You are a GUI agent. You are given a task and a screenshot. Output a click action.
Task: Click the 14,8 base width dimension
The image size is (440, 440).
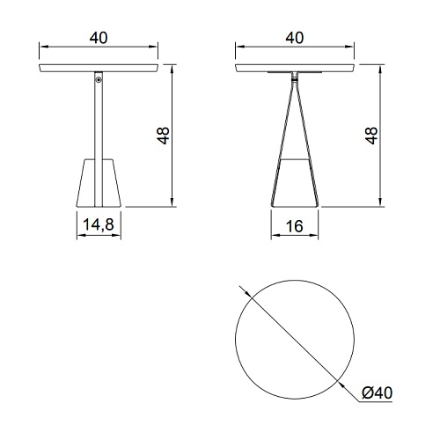point(99,224)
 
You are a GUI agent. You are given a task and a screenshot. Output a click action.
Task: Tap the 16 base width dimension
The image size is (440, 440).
point(294,226)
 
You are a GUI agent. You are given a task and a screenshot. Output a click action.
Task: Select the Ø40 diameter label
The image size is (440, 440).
point(377,392)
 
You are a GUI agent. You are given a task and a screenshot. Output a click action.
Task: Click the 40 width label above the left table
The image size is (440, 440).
point(99,38)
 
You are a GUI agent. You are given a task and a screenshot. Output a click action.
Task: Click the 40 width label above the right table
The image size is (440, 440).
point(295,38)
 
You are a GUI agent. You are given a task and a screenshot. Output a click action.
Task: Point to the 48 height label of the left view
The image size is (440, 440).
point(163,136)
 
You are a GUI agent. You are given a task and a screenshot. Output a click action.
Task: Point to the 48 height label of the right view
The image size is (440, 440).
point(371,136)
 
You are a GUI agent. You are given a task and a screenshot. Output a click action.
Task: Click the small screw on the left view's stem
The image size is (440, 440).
point(99,79)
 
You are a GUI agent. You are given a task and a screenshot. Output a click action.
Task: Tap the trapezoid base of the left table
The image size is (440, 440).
point(99,183)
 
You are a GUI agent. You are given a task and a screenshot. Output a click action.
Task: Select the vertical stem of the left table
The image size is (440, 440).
point(99,139)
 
